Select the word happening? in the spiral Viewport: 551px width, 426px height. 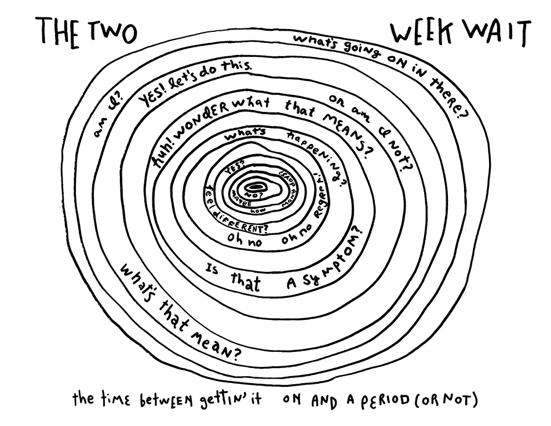[318, 158]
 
